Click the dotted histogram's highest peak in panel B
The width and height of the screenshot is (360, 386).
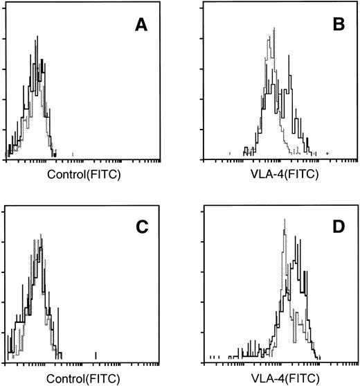click(x=275, y=28)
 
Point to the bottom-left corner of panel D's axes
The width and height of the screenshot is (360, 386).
click(x=206, y=361)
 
